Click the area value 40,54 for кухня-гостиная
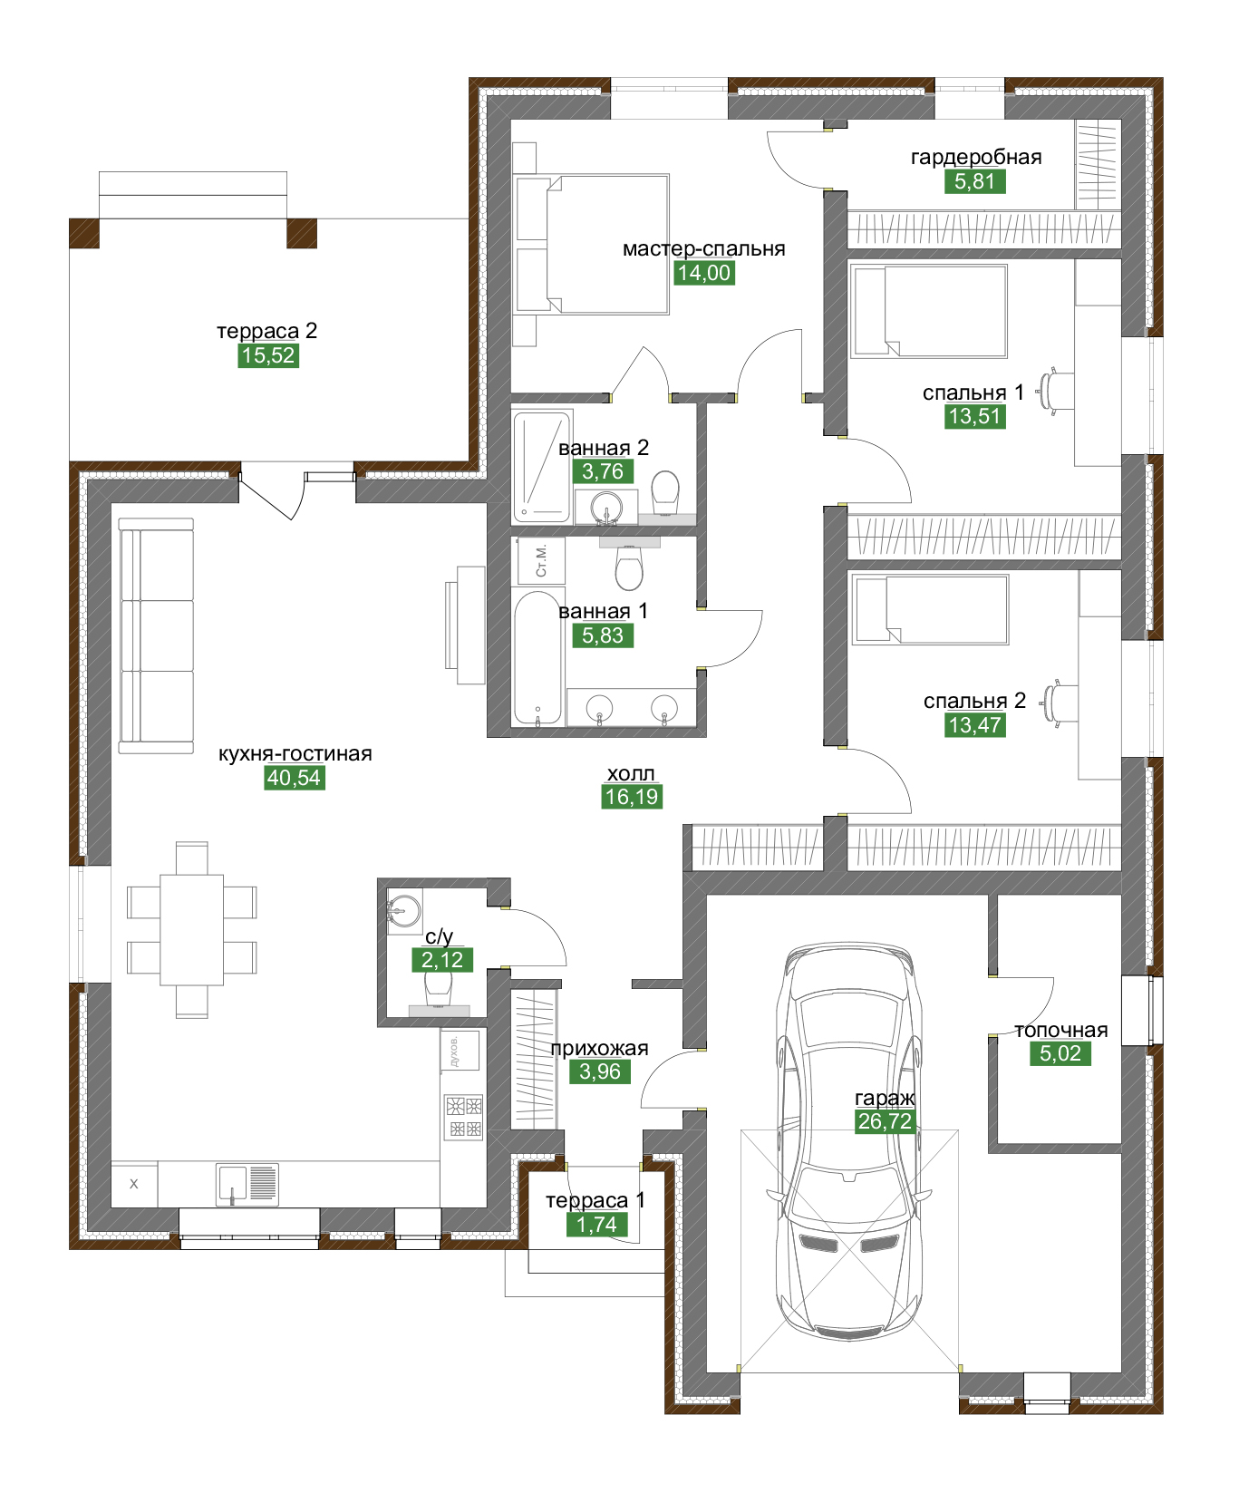pos(294,778)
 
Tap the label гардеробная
pos(976,157)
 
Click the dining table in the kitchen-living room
pos(191,929)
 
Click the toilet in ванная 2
pos(665,490)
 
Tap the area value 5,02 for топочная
pos(1060,1053)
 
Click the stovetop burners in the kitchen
pos(463,1117)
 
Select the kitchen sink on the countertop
pos(247,1185)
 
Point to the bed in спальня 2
pos(930,610)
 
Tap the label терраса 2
pos(267,331)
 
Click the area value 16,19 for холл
pos(632,797)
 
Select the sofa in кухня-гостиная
pos(156,635)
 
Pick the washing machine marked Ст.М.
pos(541,560)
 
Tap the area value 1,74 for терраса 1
pos(596,1225)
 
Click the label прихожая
pos(599,1049)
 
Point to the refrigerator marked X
pos(134,1184)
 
